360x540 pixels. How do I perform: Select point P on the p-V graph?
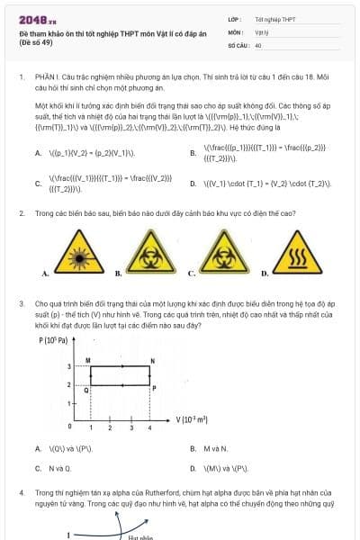click(152, 387)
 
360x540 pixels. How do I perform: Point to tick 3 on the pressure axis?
click(69, 367)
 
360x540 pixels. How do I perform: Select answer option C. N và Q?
click(52, 468)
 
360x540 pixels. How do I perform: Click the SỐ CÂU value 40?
click(258, 44)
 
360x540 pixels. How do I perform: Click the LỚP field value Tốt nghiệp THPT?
click(275, 18)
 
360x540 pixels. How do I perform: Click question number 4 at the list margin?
click(22, 493)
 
